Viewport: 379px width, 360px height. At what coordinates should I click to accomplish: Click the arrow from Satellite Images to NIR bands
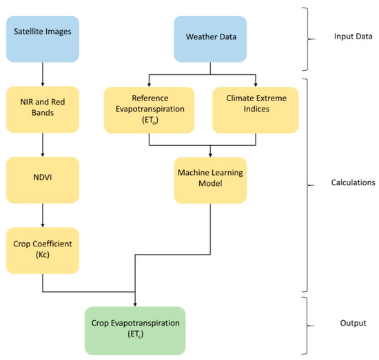pos(43,70)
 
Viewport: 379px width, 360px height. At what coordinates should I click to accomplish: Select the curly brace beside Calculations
pos(307,183)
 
